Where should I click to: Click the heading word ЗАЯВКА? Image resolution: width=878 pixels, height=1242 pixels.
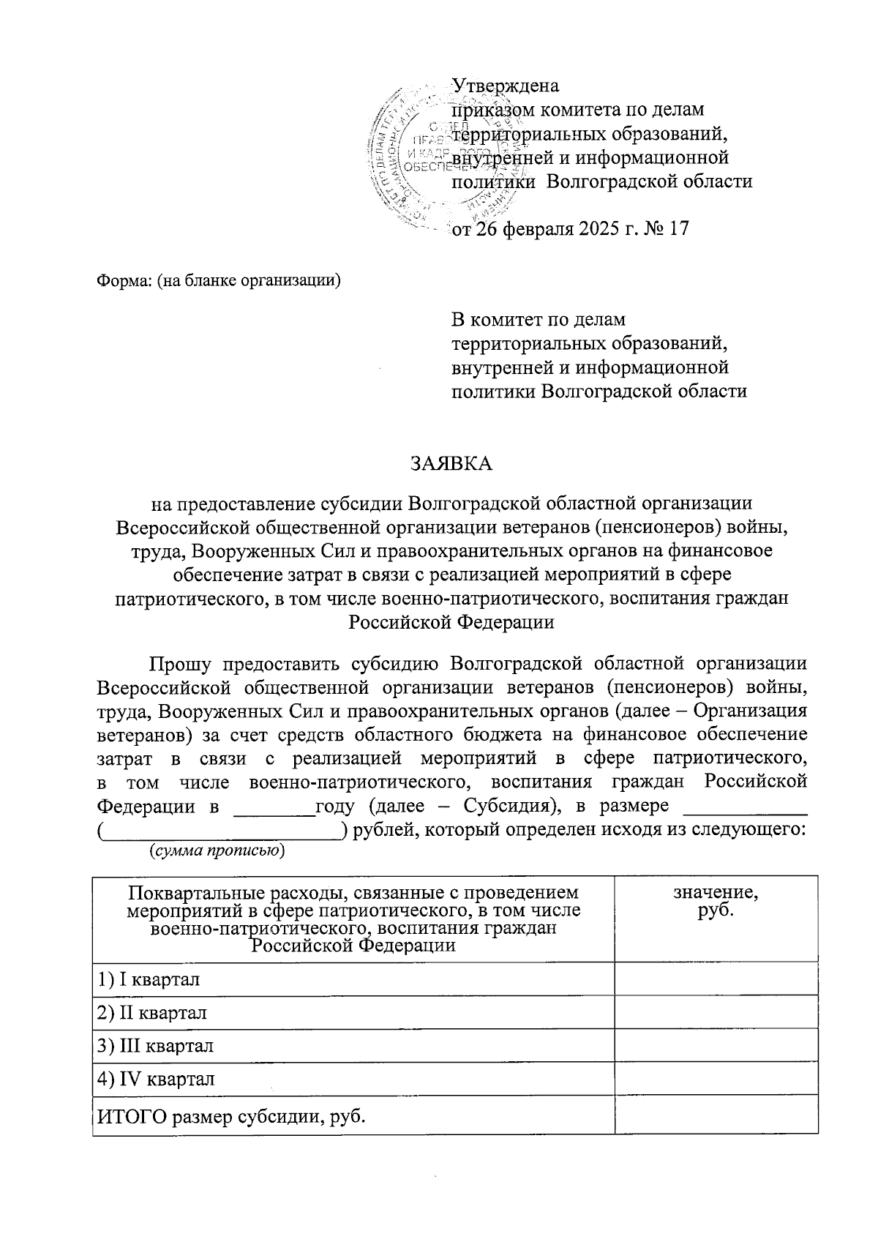coord(451,464)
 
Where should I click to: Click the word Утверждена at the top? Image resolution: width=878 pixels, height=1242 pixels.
coord(506,86)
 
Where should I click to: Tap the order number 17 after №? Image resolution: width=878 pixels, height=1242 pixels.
coord(678,229)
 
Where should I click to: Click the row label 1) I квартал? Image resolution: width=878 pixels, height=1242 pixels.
coord(149,979)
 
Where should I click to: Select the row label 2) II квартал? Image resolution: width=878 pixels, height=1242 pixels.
coord(152,1012)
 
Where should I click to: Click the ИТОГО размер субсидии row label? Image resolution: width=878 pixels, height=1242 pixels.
coord(231,1117)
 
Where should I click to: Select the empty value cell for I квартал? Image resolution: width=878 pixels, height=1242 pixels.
coord(716,979)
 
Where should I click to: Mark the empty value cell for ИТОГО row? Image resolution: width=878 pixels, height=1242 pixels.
coord(716,1117)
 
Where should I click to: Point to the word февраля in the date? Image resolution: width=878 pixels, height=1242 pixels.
coord(536,229)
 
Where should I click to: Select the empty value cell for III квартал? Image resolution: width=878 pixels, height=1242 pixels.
coord(716,1045)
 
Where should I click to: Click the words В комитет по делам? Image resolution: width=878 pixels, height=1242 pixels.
coord(539,320)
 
